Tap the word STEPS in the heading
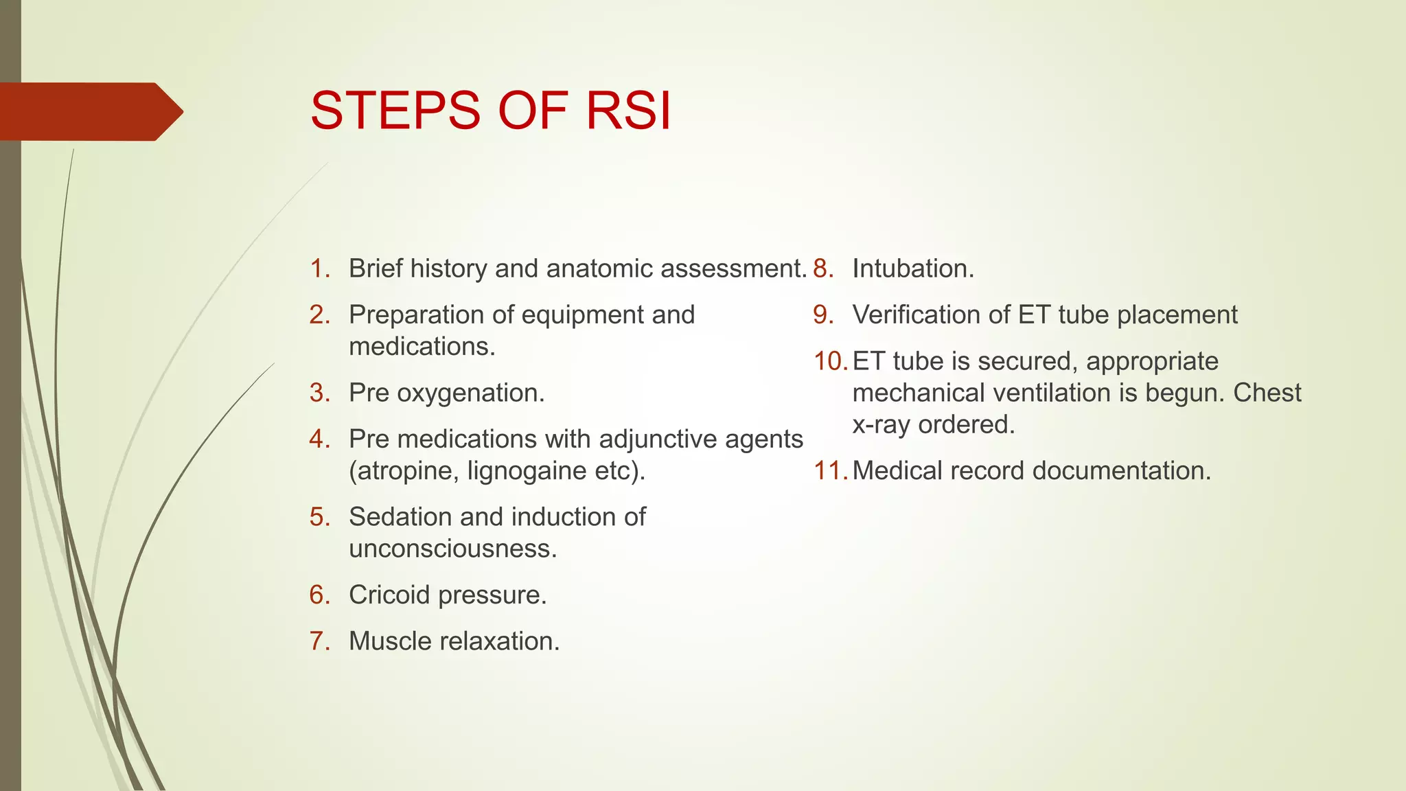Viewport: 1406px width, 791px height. [x=395, y=111]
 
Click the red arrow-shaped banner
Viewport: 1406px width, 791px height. [x=89, y=111]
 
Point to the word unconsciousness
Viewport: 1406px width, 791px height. [x=452, y=549]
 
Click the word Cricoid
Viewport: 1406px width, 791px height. [x=389, y=595]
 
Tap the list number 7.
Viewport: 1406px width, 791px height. [x=318, y=641]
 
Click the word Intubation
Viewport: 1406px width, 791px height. [x=912, y=268]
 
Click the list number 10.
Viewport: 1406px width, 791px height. [x=829, y=361]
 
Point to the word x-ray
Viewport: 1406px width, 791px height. [x=881, y=425]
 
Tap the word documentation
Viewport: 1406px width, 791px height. [x=1121, y=471]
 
